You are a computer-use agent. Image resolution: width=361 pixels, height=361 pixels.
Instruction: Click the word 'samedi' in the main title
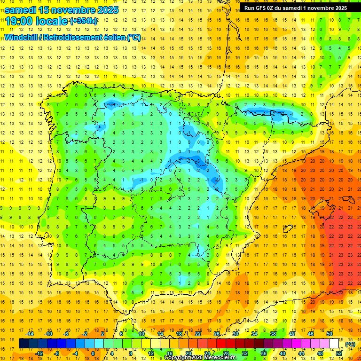coord(22,9)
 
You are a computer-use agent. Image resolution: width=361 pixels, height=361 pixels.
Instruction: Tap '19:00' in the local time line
coord(18,21)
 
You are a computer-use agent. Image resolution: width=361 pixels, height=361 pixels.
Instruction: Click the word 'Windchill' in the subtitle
coord(20,37)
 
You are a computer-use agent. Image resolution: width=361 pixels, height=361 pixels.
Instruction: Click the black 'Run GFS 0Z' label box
coord(296,8)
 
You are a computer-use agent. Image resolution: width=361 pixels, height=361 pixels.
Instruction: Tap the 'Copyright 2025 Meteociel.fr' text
coord(201,358)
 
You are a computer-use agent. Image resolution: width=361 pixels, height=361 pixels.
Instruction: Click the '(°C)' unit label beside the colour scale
coord(350,344)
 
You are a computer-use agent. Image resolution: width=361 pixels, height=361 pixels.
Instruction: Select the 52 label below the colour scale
coord(339,353)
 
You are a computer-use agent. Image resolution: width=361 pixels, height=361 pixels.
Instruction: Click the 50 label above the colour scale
coord(330,334)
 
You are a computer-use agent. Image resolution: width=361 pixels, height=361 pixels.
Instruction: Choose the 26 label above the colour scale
coord(217,334)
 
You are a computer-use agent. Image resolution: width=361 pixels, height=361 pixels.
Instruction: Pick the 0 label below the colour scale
coord(93,353)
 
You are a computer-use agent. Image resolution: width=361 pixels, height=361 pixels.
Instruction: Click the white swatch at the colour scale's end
coord(334,344)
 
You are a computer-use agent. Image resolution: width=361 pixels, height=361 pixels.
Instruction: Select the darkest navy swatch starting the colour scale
coord(24,344)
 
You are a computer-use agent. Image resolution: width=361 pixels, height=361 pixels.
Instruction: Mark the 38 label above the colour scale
coord(273,334)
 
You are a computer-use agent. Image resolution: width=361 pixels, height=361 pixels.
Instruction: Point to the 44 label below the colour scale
coord(301,353)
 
